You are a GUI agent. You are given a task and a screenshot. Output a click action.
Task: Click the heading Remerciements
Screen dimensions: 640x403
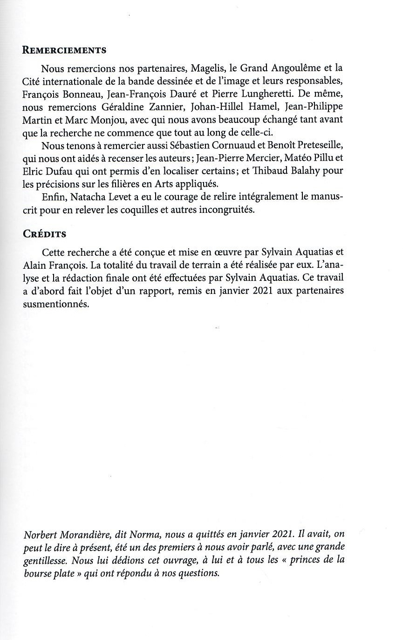click(64, 50)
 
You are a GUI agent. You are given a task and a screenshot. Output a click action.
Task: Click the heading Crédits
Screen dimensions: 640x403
click(44, 234)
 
